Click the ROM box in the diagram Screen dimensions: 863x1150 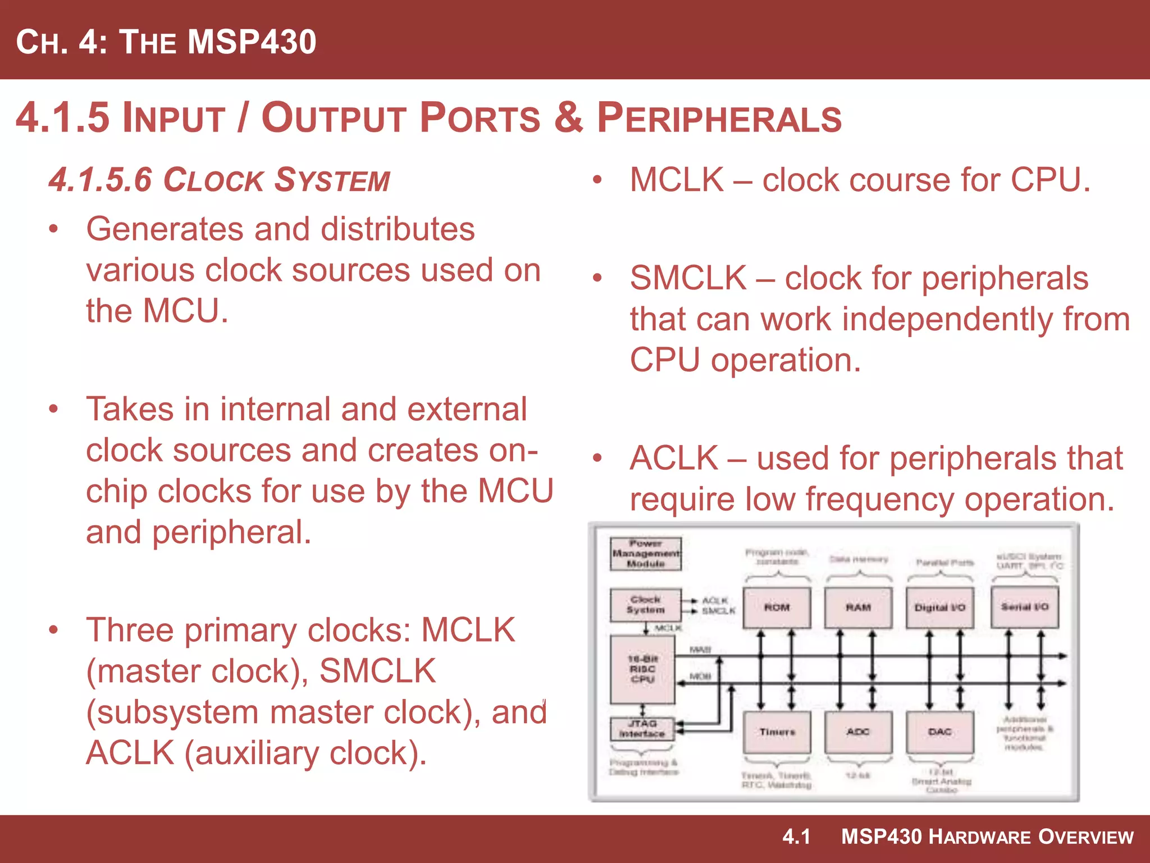(x=777, y=607)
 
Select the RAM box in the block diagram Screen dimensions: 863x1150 (x=858, y=607)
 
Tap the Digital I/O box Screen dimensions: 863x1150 (x=939, y=607)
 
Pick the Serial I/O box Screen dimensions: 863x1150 (x=1025, y=607)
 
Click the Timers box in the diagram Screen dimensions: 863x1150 (x=777, y=732)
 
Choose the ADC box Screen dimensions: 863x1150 (x=858, y=732)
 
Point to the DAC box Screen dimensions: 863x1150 (x=939, y=732)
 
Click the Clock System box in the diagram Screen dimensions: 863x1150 (x=646, y=605)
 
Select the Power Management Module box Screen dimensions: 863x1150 (x=646, y=553)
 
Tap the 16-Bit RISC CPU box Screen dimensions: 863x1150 (x=642, y=669)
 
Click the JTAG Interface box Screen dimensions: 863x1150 (x=642, y=729)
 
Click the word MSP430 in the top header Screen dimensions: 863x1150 (x=252, y=42)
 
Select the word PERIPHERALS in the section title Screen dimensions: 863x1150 (x=719, y=119)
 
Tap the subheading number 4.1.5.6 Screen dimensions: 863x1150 (x=101, y=180)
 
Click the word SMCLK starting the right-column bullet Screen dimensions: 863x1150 (x=688, y=278)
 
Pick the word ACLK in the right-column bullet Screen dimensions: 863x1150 (x=674, y=458)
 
